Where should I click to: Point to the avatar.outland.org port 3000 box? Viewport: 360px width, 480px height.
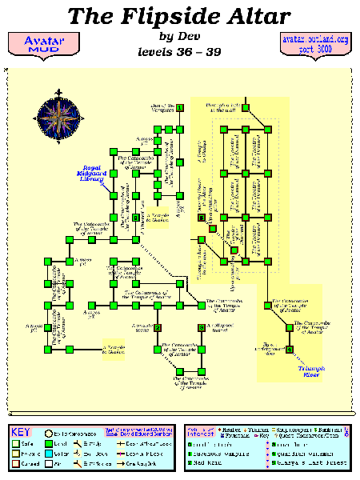(315, 43)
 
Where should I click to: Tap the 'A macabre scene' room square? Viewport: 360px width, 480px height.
(159, 327)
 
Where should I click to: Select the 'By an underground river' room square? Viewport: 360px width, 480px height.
(289, 348)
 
